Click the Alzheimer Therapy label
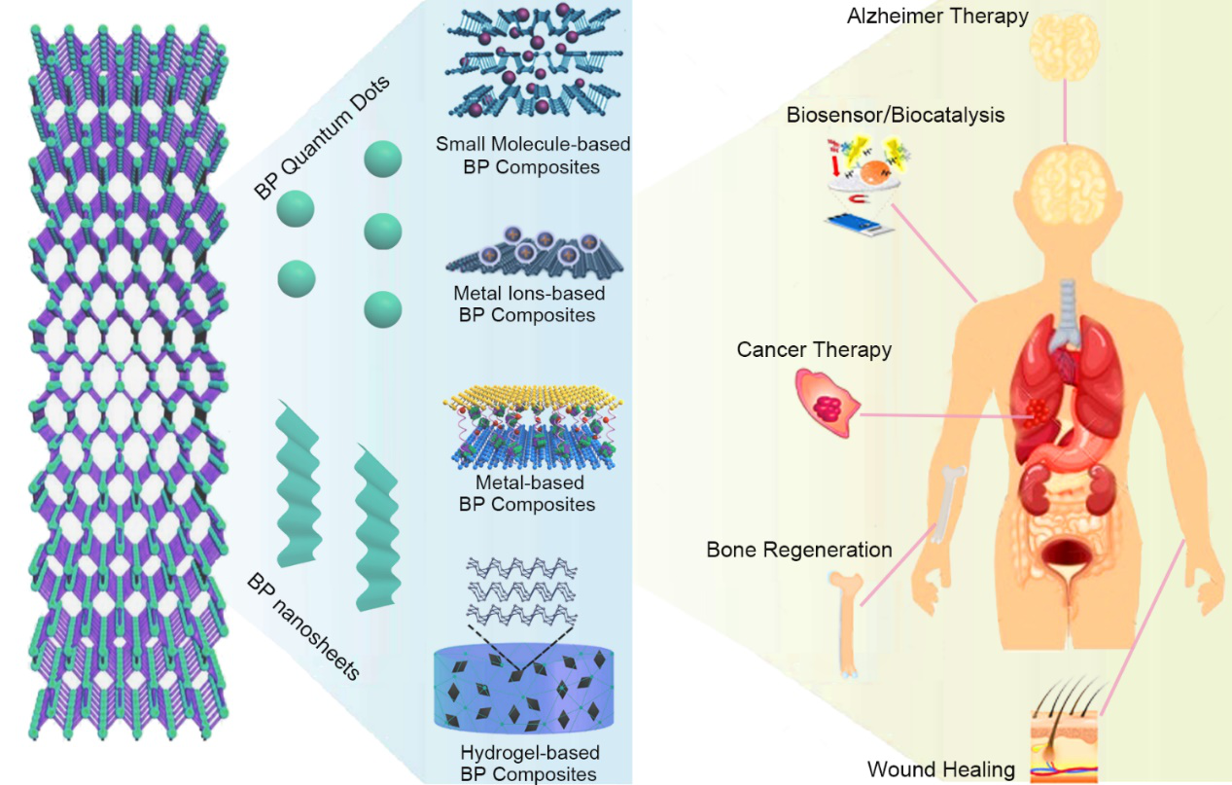click(937, 17)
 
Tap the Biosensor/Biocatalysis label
click(897, 116)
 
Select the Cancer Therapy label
click(814, 349)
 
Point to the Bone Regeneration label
click(799, 550)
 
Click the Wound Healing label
click(941, 769)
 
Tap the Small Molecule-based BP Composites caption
click(533, 156)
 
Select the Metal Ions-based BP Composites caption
click(529, 303)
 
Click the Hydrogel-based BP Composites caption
click(529, 763)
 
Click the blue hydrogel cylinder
click(525, 690)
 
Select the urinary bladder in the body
click(1071, 557)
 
